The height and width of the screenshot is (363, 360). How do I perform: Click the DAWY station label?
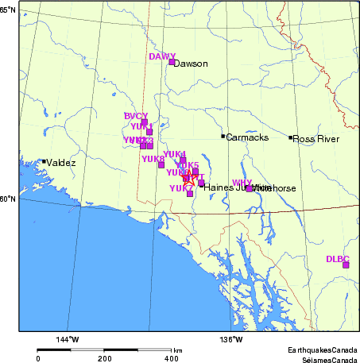tap(161, 56)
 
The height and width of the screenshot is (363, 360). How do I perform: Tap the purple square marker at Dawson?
tap(172, 62)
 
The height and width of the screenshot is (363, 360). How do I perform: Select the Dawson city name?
tap(191, 64)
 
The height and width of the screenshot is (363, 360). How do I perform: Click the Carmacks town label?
tap(246, 137)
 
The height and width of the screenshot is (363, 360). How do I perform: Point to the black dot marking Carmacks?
tap(223, 137)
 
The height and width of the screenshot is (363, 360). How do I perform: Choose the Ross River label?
tap(316, 139)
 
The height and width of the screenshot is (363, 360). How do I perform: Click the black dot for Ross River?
tap(291, 137)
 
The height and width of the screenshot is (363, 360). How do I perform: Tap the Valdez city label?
tap(61, 163)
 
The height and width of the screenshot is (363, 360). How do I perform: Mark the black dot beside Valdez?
tap(44, 162)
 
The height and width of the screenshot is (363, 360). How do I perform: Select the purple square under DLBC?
tap(346, 265)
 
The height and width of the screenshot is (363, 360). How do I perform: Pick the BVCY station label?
tap(136, 116)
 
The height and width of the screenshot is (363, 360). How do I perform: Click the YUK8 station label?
tap(153, 159)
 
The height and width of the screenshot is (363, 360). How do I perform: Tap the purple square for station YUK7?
tap(190, 193)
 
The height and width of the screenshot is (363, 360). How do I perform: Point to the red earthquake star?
tap(188, 179)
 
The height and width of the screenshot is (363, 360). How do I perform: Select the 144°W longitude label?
tap(68, 340)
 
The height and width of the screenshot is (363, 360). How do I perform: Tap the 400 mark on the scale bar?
tap(172, 358)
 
